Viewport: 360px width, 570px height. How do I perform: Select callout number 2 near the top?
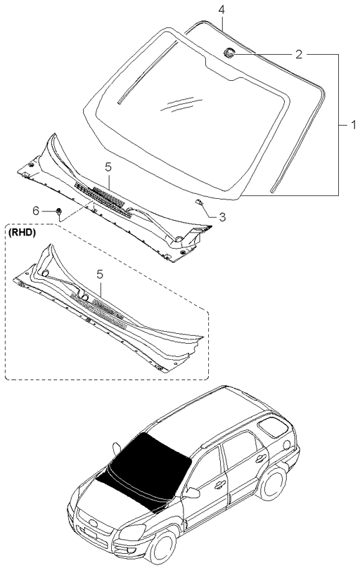pos(299,53)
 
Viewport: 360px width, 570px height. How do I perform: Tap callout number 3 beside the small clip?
pos(222,217)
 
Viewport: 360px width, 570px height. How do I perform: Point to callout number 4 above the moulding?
pos(221,10)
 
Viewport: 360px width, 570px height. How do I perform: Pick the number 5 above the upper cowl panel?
pos(108,167)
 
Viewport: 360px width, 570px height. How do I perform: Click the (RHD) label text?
pos(22,230)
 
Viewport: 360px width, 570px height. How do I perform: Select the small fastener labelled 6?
pos(59,210)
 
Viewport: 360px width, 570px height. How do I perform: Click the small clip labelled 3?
pos(200,202)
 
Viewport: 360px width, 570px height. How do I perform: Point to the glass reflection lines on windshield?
pos(176,104)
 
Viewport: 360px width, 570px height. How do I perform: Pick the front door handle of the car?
pos(218,485)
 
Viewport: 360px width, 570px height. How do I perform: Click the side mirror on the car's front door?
pos(191,493)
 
